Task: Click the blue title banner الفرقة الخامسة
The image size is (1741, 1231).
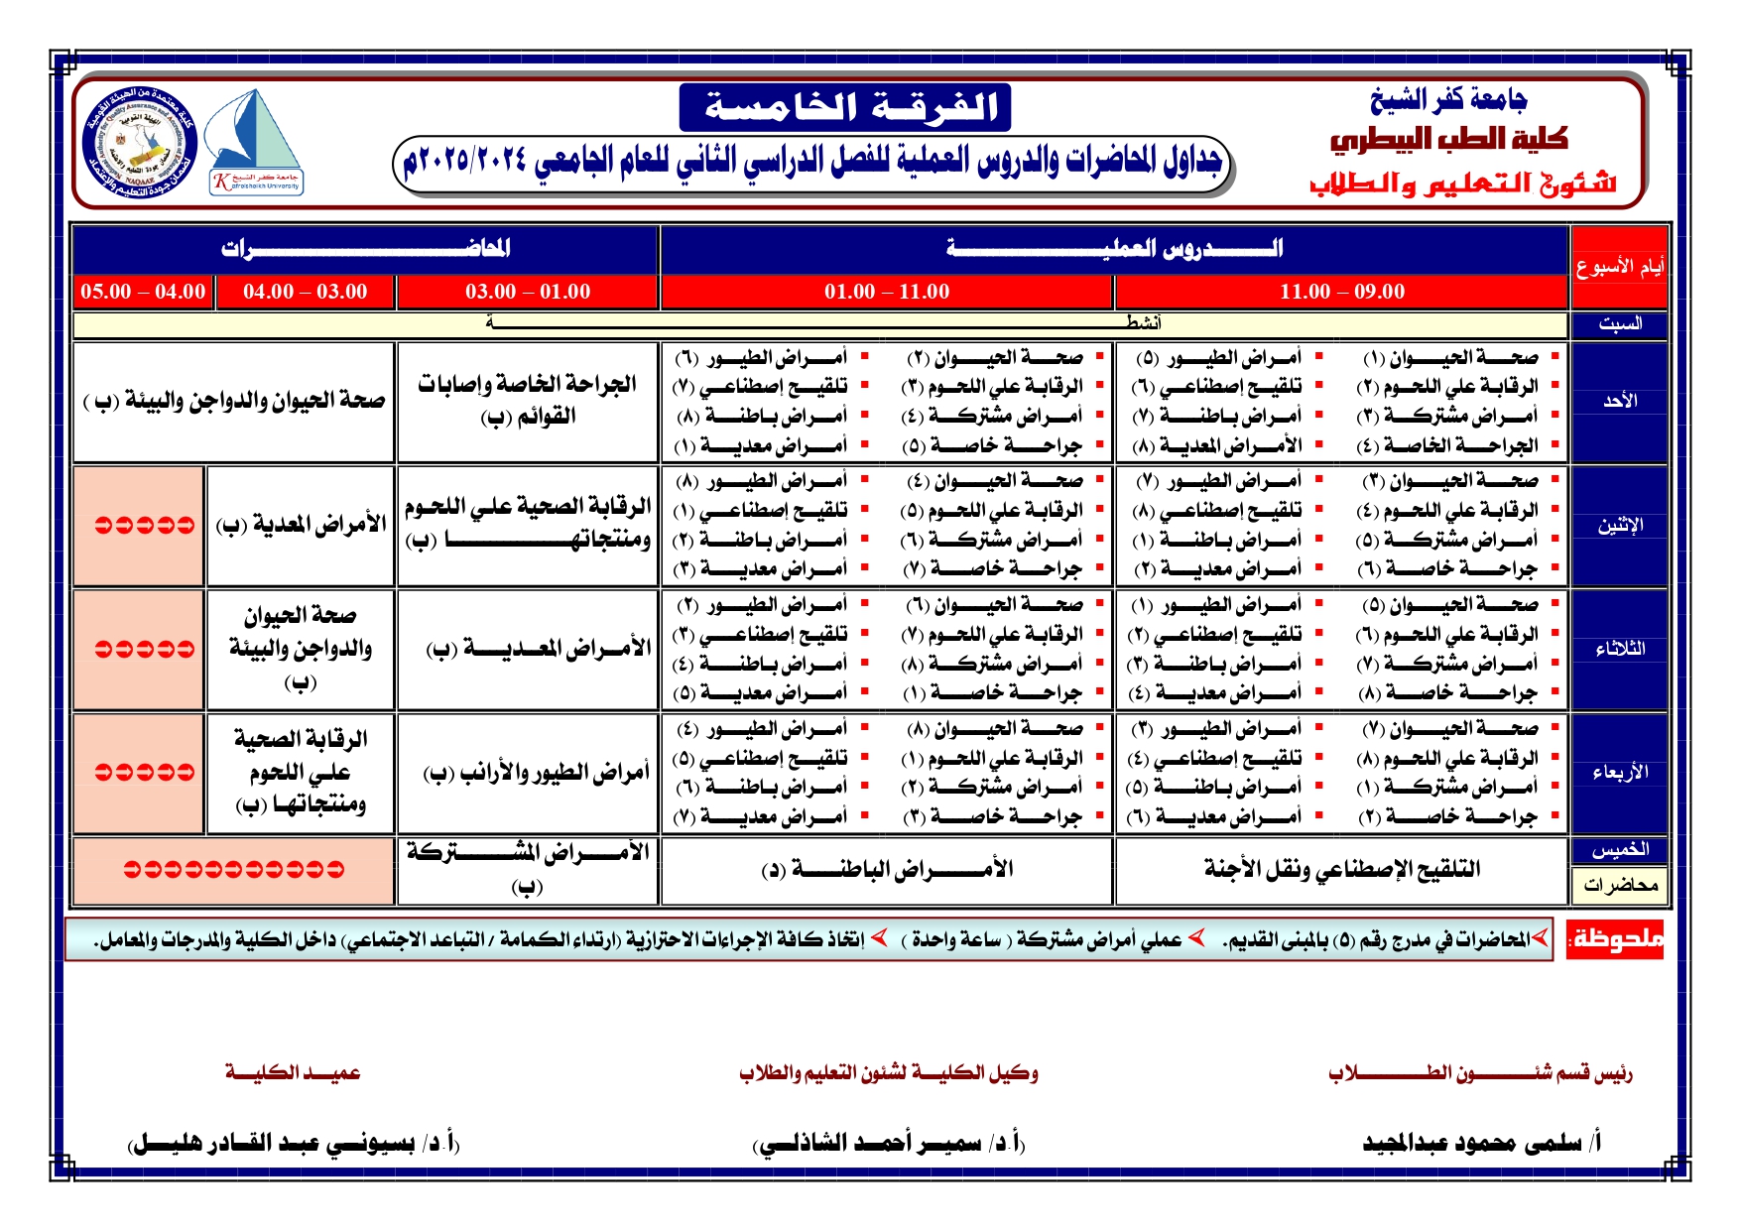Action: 845,107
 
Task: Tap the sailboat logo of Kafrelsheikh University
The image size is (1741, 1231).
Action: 256,141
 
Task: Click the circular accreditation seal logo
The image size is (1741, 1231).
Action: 139,142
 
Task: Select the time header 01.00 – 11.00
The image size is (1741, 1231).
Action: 886,292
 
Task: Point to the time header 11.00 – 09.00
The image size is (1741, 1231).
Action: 1341,292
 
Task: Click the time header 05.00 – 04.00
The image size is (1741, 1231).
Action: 143,292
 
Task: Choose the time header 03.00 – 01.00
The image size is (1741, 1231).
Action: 527,292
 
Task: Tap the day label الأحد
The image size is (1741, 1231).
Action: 1619,401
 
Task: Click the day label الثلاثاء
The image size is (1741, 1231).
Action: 1619,649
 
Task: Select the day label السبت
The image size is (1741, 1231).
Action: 1619,323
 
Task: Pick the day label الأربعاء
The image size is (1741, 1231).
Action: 1619,772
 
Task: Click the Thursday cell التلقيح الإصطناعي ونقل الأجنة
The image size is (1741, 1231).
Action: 1341,870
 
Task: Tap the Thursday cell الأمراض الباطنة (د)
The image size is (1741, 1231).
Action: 886,870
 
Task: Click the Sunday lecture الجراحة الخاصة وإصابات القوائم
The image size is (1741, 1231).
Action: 527,400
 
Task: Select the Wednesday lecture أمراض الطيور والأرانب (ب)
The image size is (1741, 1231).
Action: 536,772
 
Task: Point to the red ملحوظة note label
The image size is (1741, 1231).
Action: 1615,938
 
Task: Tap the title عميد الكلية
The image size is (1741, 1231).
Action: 293,1072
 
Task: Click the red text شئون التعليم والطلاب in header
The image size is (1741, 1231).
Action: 1462,184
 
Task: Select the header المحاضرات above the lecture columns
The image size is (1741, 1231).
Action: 365,248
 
